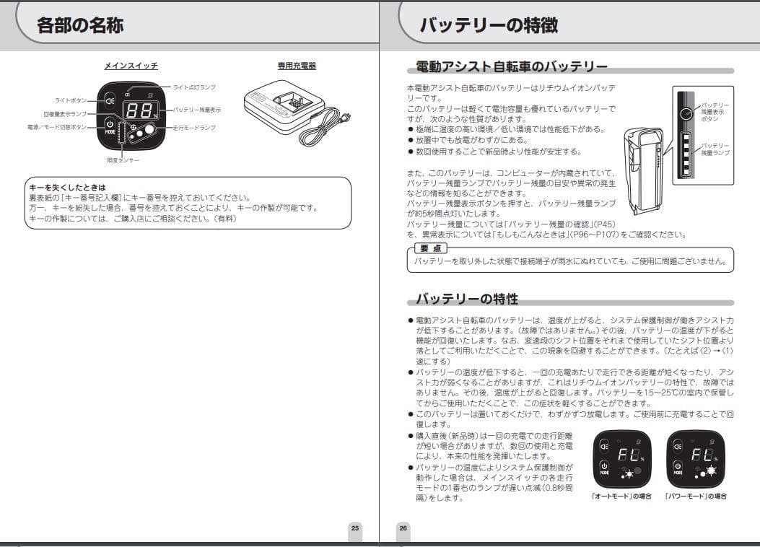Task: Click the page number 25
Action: (354, 528)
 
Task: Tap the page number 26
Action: (403, 528)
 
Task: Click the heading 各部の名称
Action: (80, 25)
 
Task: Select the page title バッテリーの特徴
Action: (489, 25)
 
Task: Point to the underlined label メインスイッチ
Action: (131, 66)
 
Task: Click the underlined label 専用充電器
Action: (297, 66)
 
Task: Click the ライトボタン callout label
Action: (71, 100)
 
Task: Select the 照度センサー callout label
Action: (123, 159)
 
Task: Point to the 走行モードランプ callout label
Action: (194, 128)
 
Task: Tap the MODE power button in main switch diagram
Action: (110, 128)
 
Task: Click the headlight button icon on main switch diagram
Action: (110, 100)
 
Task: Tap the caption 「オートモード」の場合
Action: (621, 496)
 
